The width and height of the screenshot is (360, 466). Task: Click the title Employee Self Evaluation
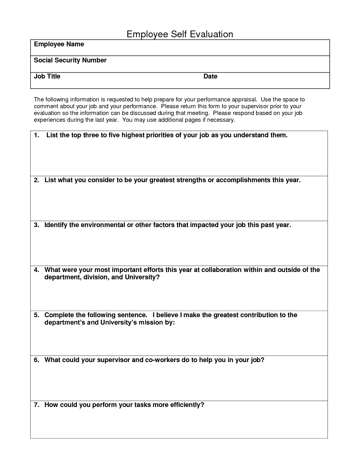pyautogui.click(x=180, y=34)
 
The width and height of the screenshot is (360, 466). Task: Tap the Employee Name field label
pyautogui.click(x=59, y=44)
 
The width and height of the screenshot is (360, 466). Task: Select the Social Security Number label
pyautogui.click(x=70, y=60)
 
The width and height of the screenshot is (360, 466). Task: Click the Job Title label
pyautogui.click(x=47, y=76)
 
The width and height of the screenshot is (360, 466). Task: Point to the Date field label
pyautogui.click(x=210, y=76)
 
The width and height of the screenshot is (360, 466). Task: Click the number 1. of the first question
pyautogui.click(x=36, y=135)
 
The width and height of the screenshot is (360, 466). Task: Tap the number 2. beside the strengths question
pyautogui.click(x=36, y=180)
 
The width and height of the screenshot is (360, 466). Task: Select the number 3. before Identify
pyautogui.click(x=36, y=225)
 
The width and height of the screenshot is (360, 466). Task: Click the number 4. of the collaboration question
pyautogui.click(x=36, y=270)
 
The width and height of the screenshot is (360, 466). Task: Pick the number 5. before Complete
pyautogui.click(x=36, y=315)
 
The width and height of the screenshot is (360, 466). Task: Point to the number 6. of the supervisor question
pyautogui.click(x=36, y=360)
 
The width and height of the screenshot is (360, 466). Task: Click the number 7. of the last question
pyautogui.click(x=36, y=405)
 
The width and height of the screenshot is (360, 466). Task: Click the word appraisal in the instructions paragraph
pyautogui.click(x=244, y=100)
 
